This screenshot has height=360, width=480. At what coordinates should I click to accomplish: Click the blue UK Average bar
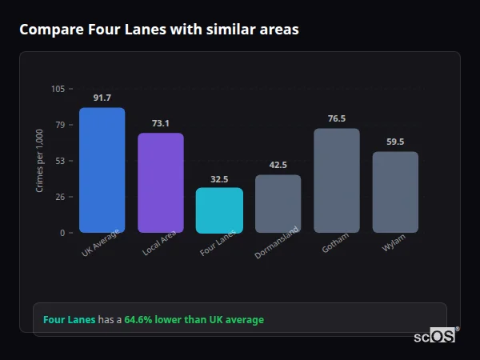(102, 170)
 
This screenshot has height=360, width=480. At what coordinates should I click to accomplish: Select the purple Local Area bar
(160, 183)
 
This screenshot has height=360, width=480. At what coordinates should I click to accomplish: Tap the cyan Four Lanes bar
(219, 210)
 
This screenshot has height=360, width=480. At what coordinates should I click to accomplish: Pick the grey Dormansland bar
(278, 204)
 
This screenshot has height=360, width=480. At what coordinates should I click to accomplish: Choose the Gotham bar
(336, 181)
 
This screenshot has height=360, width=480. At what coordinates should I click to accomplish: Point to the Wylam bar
(395, 192)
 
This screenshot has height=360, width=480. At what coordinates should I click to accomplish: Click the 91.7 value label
(102, 98)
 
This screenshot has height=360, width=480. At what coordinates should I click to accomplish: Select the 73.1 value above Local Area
(160, 123)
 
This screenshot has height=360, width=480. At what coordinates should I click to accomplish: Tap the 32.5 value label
(219, 179)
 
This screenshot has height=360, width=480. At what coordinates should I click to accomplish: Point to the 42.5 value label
(278, 165)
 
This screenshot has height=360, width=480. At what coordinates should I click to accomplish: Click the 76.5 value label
(336, 118)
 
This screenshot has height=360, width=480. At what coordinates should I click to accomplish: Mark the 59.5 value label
(395, 142)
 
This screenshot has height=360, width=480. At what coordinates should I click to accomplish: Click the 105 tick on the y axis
(58, 89)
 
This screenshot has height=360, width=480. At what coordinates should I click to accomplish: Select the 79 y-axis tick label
(59, 125)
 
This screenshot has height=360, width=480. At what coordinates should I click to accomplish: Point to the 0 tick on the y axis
(62, 233)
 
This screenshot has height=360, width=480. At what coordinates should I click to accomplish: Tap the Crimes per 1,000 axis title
(40, 161)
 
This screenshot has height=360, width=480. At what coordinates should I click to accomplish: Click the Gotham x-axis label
(335, 244)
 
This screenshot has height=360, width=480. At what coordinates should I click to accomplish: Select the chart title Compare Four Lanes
(159, 30)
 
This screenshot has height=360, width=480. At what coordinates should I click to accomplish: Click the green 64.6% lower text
(194, 320)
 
